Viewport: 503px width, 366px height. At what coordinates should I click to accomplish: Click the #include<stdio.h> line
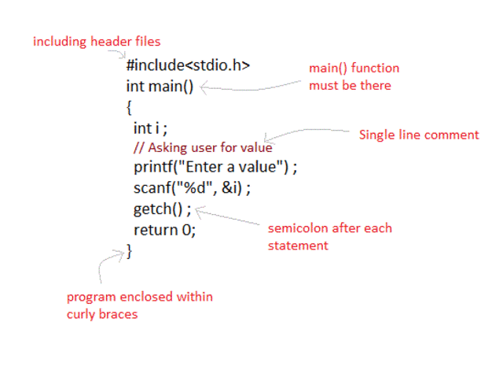pyautogui.click(x=188, y=66)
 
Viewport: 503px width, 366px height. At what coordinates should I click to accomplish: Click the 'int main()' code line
pyautogui.click(x=159, y=86)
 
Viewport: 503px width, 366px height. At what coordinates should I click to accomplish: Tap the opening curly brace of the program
pyautogui.click(x=128, y=107)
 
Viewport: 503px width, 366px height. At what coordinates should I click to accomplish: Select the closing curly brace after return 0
pyautogui.click(x=130, y=251)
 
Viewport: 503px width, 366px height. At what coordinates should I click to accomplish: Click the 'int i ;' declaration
pyautogui.click(x=151, y=128)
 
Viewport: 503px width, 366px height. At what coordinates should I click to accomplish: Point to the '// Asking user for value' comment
pyautogui.click(x=203, y=148)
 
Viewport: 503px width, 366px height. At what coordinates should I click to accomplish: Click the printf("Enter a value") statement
pyautogui.click(x=217, y=168)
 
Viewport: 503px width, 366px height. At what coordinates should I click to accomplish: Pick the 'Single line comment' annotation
pyautogui.click(x=418, y=135)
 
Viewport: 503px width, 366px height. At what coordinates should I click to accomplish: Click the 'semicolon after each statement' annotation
pyautogui.click(x=329, y=236)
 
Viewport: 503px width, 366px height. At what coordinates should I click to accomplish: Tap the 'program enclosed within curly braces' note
pyautogui.click(x=139, y=305)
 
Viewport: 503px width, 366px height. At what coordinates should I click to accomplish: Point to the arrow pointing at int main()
pyautogui.click(x=251, y=89)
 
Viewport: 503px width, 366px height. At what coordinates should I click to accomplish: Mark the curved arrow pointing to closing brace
pyautogui.click(x=106, y=264)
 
